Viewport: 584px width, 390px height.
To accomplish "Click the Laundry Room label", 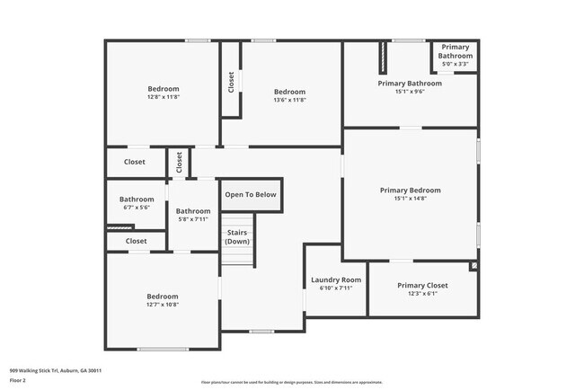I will point(336,280).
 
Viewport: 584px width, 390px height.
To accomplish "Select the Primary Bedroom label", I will point(410,191).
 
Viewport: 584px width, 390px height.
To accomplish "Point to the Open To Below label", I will point(251,194).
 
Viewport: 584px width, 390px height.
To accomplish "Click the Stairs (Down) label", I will point(237,237).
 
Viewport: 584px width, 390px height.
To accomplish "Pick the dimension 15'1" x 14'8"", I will point(410,199).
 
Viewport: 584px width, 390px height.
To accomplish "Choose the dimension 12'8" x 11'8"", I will point(164,98).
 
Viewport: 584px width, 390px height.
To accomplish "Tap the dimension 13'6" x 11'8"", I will point(289,101).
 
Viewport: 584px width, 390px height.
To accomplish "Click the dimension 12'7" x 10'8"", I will point(163,306).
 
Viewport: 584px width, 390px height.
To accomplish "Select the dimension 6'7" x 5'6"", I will point(137,208).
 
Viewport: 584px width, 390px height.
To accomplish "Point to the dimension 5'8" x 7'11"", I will point(193,219).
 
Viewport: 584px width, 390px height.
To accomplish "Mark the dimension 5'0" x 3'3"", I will point(455,64).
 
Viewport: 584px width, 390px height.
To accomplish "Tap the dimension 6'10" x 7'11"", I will point(336,288).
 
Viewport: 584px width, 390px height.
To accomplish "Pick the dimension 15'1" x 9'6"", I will point(409,92).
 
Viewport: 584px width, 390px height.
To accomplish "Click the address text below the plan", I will point(56,370).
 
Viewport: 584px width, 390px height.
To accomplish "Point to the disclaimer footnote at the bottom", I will point(291,382).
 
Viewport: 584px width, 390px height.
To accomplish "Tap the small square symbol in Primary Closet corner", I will point(473,266).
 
